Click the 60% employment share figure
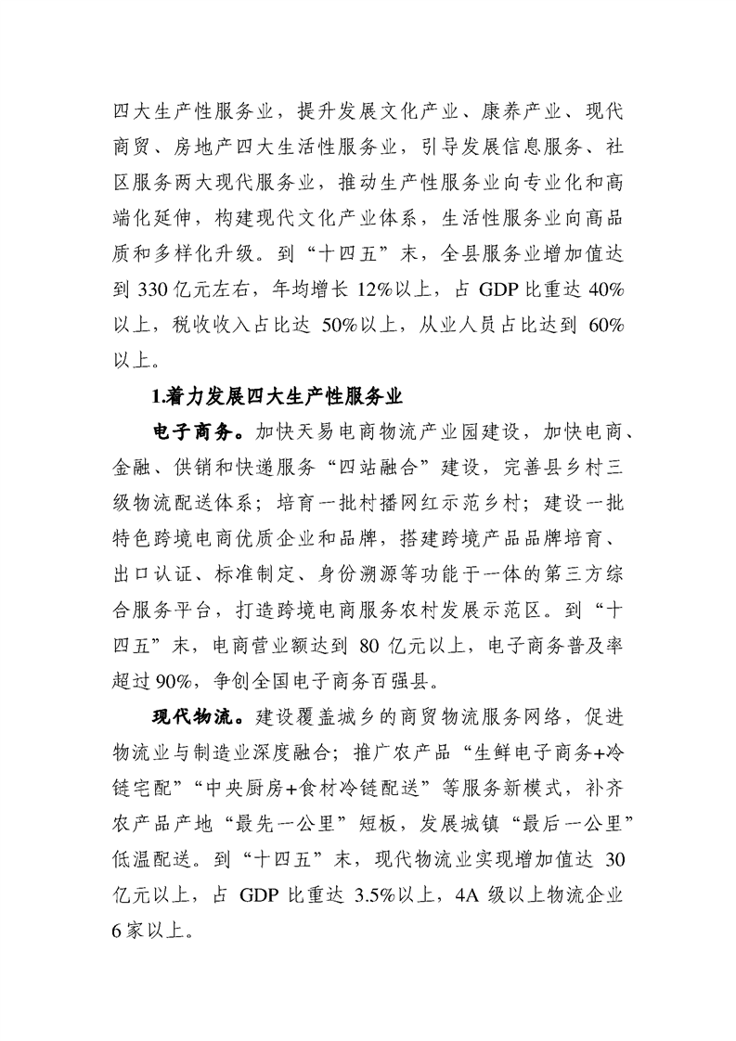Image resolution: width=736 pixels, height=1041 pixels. (x=605, y=324)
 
